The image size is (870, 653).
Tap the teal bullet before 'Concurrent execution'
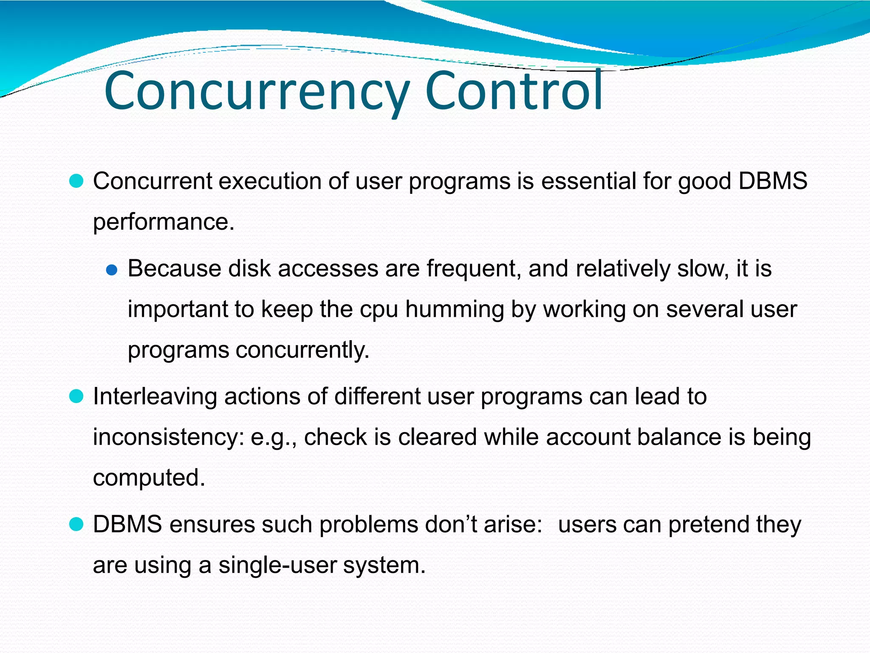[76, 182]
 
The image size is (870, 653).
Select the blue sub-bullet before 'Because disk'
[111, 270]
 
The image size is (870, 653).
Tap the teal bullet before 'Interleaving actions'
[76, 397]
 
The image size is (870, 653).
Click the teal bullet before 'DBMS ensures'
[76, 525]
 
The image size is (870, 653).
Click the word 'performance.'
[164, 222]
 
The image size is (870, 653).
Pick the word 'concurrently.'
[302, 350]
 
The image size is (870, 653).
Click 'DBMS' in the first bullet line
[772, 181]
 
